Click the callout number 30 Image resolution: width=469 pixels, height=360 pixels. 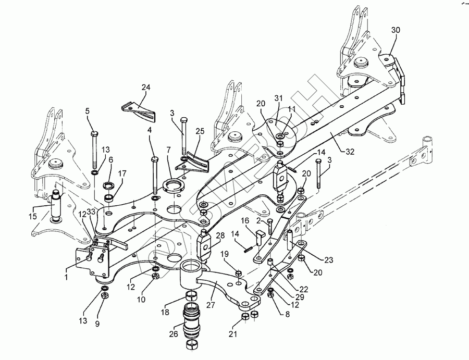[396, 31]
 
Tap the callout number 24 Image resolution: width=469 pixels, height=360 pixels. [145, 87]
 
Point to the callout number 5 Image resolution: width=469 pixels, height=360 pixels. [88, 111]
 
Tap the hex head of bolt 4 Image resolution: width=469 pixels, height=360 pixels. [154, 158]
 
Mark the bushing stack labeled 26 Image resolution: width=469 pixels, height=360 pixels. [192, 321]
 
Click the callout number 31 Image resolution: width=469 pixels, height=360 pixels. [278, 98]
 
